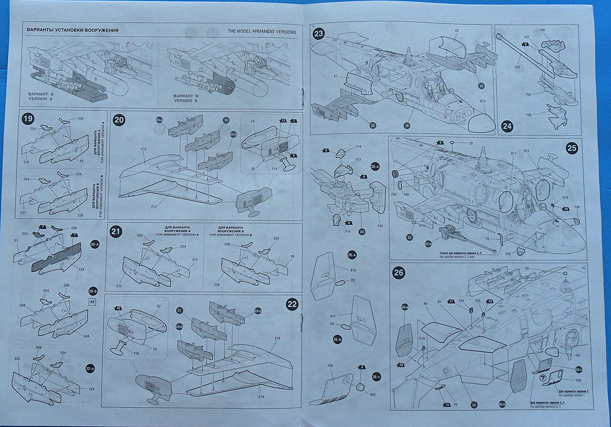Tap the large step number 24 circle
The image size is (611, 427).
[507, 127]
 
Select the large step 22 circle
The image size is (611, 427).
[292, 304]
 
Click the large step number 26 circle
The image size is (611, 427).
[399, 273]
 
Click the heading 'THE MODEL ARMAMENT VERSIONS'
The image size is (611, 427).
[262, 32]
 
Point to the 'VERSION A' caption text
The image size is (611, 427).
[38, 99]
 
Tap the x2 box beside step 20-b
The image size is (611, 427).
[92, 301]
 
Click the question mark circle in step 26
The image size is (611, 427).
[542, 379]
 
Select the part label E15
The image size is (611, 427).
[144, 149]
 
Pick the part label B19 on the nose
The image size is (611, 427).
[483, 101]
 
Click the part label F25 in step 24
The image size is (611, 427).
[518, 67]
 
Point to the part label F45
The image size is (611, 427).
[380, 226]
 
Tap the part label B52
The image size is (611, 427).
[373, 394]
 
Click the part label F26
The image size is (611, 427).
[330, 365]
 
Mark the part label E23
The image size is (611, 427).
[81, 269]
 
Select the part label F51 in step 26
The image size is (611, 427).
[577, 355]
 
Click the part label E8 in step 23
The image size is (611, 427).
[457, 31]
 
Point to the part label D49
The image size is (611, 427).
[86, 336]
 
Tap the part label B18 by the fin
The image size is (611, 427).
[353, 271]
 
